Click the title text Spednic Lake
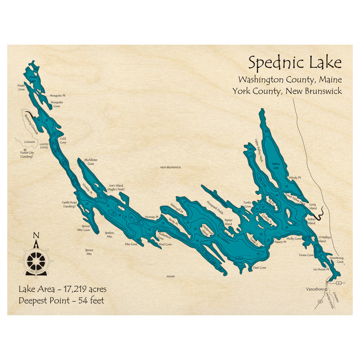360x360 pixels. click(295, 63)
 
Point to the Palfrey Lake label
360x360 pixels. click(276, 166)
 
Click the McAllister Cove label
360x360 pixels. click(91, 162)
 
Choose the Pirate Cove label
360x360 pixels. click(22, 87)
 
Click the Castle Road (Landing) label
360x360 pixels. click(69, 204)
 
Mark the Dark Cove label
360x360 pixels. click(259, 267)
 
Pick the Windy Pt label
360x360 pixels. click(294, 178)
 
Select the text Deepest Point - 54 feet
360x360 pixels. click(62, 301)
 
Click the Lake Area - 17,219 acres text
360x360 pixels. click(63, 289)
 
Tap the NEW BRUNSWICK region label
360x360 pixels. click(171, 167)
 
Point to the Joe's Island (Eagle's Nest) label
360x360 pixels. click(116, 188)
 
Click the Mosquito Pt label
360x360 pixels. click(57, 95)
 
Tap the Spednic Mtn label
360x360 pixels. click(109, 235)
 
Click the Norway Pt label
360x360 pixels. click(152, 217)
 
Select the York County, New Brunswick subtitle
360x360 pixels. click(287, 91)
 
